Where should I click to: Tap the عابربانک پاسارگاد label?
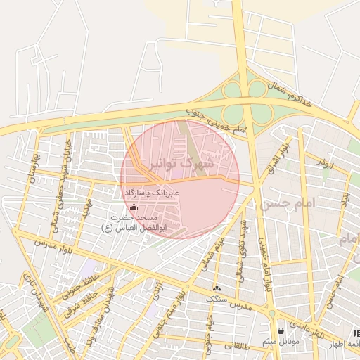(x=153, y=192)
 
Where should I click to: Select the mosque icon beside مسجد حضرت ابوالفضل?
(x=134, y=207)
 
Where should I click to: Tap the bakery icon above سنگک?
(x=216, y=288)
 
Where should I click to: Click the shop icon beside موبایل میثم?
(x=281, y=330)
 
